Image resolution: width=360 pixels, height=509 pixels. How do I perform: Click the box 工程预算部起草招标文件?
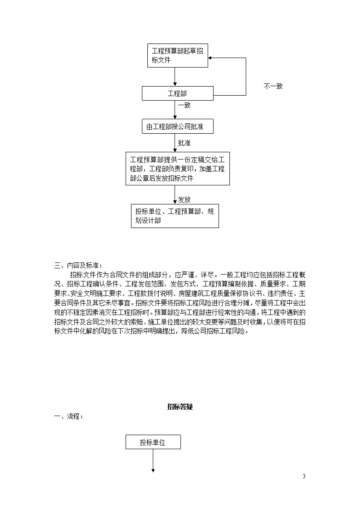click(178, 55)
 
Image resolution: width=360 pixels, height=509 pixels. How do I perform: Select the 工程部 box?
click(178, 93)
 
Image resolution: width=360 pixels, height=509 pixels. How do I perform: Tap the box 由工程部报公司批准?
click(178, 126)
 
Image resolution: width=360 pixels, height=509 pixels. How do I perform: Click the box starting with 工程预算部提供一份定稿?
click(178, 169)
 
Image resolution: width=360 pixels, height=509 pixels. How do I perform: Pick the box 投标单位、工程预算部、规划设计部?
click(175, 216)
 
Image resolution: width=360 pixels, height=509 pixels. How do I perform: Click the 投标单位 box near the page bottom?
click(153, 442)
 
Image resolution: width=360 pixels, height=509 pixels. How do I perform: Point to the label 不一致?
click(273, 87)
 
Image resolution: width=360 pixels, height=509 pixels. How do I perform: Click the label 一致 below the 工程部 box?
click(185, 105)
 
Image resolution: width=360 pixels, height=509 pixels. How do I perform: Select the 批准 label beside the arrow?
click(185, 143)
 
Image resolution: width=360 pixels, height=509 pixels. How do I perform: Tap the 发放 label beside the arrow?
click(185, 199)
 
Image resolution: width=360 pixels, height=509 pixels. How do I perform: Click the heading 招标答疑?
click(180, 407)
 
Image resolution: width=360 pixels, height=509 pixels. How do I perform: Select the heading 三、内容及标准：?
click(78, 266)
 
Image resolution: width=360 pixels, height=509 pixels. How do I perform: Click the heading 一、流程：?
click(68, 417)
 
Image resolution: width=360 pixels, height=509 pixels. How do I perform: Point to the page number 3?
click(304, 476)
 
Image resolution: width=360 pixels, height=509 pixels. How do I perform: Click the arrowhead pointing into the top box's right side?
click(210, 58)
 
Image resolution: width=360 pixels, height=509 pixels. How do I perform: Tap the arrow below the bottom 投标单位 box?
click(153, 461)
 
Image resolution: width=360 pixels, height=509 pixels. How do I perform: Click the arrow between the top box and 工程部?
click(175, 77)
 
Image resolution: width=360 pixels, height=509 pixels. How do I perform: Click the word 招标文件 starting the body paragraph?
click(83, 275)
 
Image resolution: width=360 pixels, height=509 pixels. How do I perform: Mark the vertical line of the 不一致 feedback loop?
click(246, 77)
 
